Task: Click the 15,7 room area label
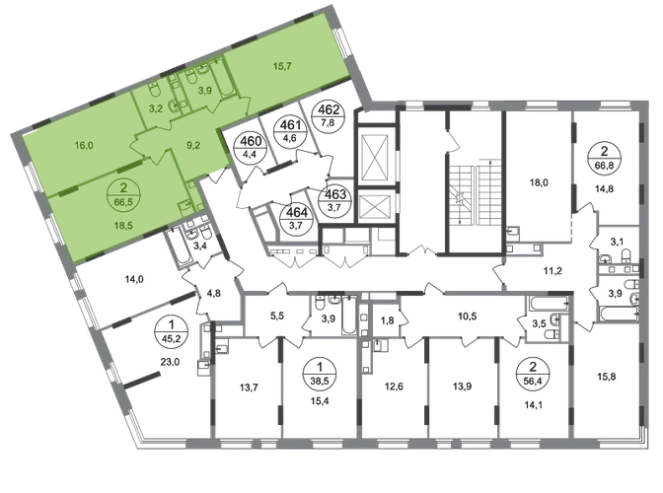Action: click(x=283, y=66)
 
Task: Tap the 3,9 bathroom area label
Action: click(x=206, y=91)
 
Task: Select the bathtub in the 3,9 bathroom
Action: click(x=223, y=77)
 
